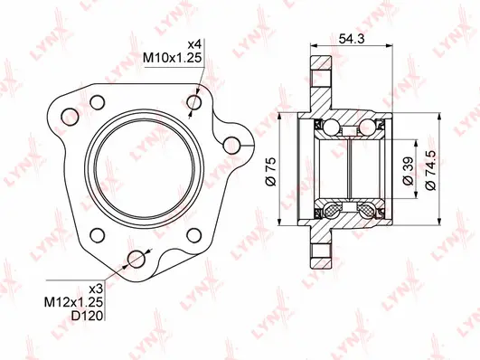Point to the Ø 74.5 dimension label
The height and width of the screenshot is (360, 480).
point(435,167)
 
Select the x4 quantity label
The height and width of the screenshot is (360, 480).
point(193,44)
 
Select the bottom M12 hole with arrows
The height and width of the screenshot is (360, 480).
point(138,259)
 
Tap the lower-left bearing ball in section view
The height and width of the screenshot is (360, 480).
point(330,211)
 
